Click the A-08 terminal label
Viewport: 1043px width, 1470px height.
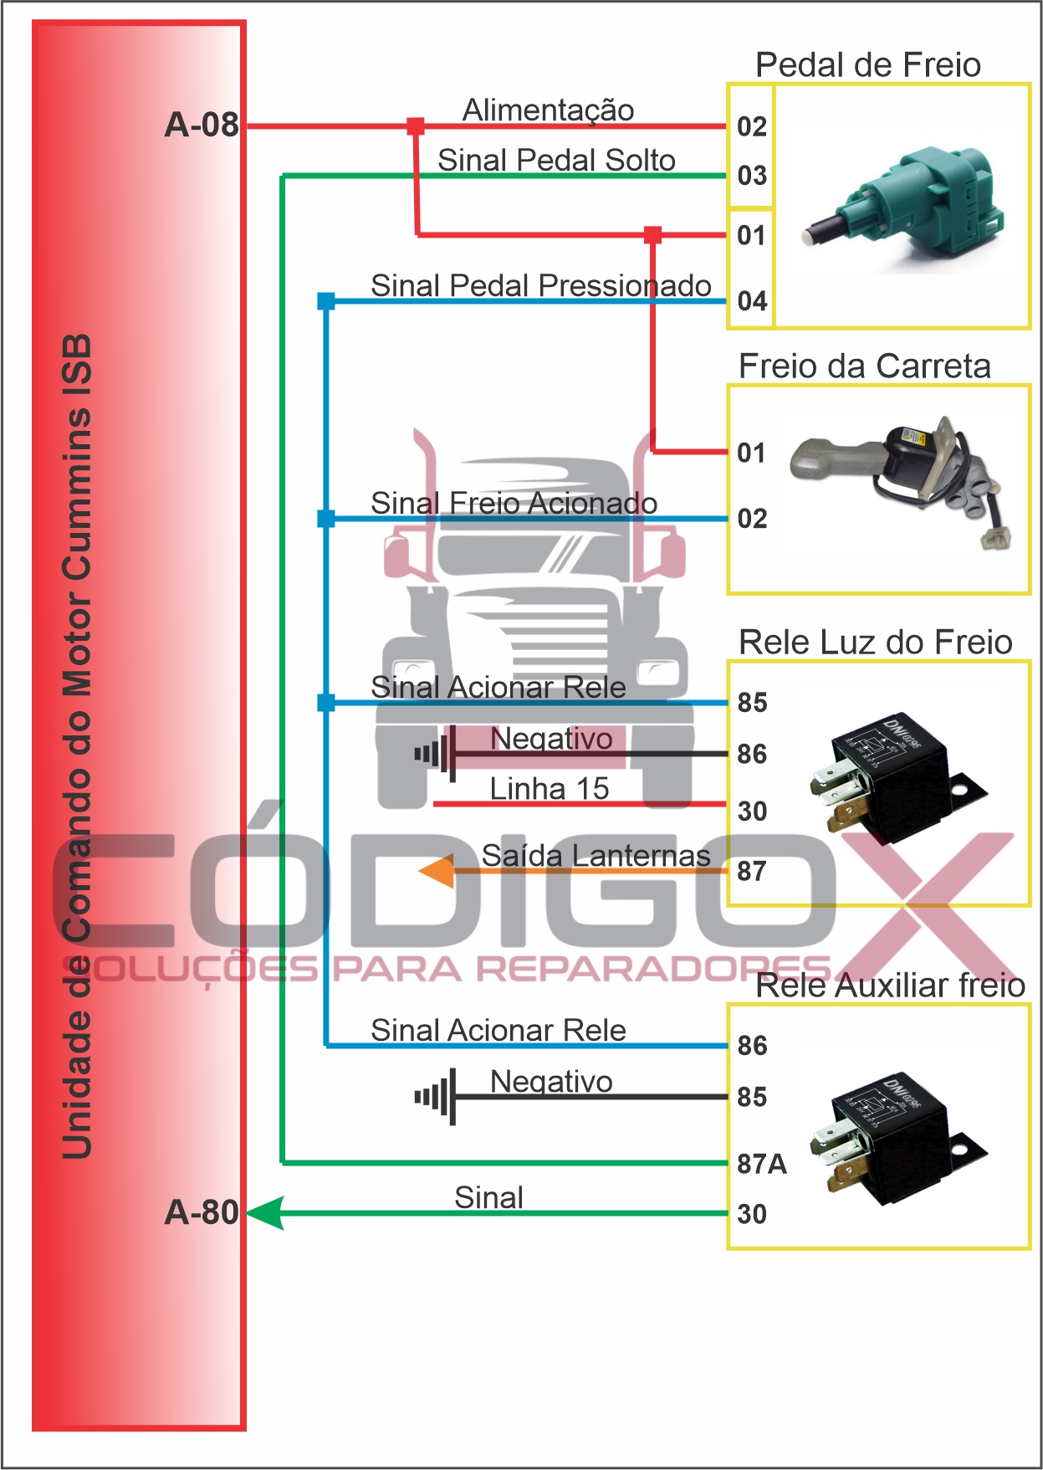pyautogui.click(x=202, y=125)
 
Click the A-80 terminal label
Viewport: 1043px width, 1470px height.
pyautogui.click(x=202, y=1212)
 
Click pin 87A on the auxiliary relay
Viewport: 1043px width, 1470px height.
pyautogui.click(x=761, y=1164)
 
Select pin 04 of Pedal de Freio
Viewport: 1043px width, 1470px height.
pyautogui.click(x=752, y=301)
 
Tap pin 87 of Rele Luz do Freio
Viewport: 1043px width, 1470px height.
pyautogui.click(x=752, y=872)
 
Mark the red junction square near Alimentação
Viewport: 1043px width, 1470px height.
pyautogui.click(x=415, y=126)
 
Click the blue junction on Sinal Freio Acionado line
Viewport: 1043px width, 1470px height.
pyautogui.click(x=326, y=520)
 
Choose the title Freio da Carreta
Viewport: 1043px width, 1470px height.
pyautogui.click(x=864, y=366)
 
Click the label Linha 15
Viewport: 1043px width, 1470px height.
pyautogui.click(x=549, y=789)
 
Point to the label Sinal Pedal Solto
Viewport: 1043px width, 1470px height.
pyautogui.click(x=556, y=160)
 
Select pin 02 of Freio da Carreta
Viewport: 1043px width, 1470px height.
pyautogui.click(x=752, y=519)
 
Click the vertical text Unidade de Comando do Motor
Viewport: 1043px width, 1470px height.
pyautogui.click(x=77, y=745)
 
